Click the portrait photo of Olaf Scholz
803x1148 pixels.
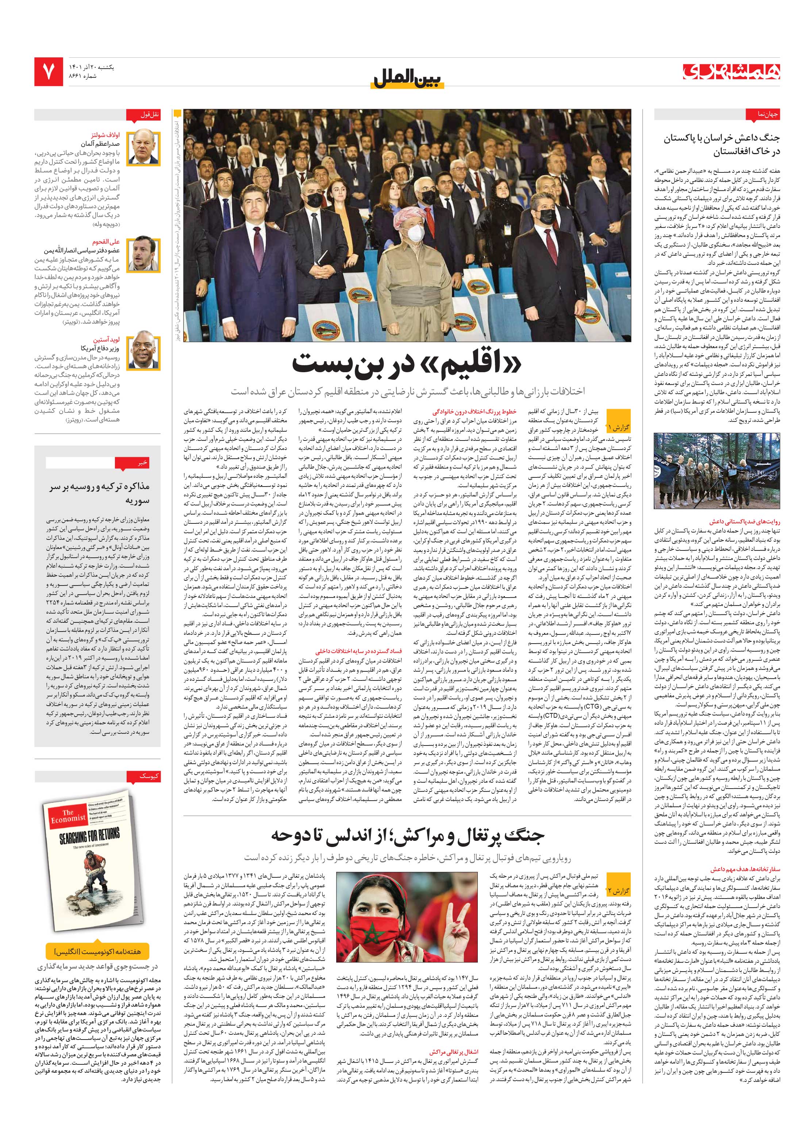(143, 148)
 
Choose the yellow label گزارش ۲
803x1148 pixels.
(619, 891)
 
